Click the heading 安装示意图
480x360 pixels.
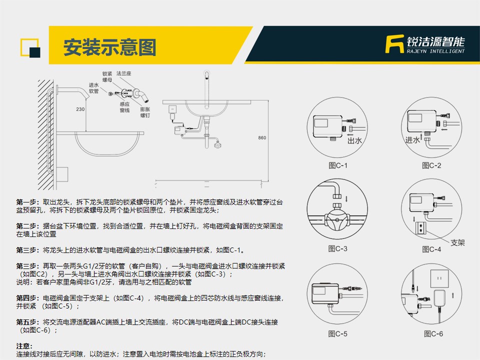pyautogui.click(x=109, y=47)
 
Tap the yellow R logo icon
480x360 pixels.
pyautogui.click(x=394, y=44)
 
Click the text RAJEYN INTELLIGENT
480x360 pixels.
pyautogui.click(x=435, y=51)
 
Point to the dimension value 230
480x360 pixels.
pyautogui.click(x=80, y=109)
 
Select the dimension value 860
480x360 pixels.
pyautogui.click(x=262, y=138)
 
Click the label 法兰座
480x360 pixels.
pyautogui.click(x=123, y=73)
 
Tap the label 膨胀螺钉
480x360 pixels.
pyautogui.click(x=145, y=112)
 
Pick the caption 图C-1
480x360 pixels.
pyautogui.click(x=338, y=165)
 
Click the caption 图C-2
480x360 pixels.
pyautogui.click(x=431, y=165)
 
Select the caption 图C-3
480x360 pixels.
pyautogui.click(x=337, y=248)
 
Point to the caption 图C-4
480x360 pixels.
pyautogui.click(x=431, y=249)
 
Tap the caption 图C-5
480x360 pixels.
pyautogui.click(x=337, y=333)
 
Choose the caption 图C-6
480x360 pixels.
pyautogui.click(x=433, y=333)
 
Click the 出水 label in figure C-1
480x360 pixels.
pyautogui.click(x=355, y=140)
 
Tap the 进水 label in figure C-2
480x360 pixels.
pyautogui.click(x=412, y=140)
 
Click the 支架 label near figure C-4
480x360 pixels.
pyautogui.click(x=457, y=243)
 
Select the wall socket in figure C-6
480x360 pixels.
pyautogui.click(x=439, y=278)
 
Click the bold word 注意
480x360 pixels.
pyautogui.click(x=23, y=346)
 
